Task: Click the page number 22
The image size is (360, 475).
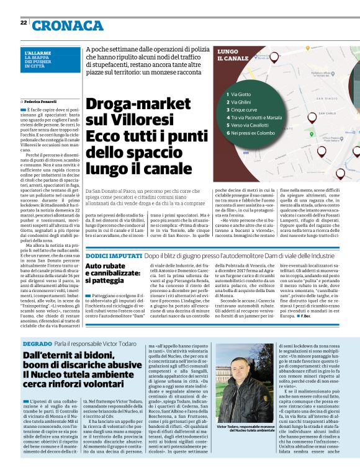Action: (23, 22)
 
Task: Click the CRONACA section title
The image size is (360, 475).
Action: (67, 25)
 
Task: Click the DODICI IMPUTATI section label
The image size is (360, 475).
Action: (114, 238)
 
